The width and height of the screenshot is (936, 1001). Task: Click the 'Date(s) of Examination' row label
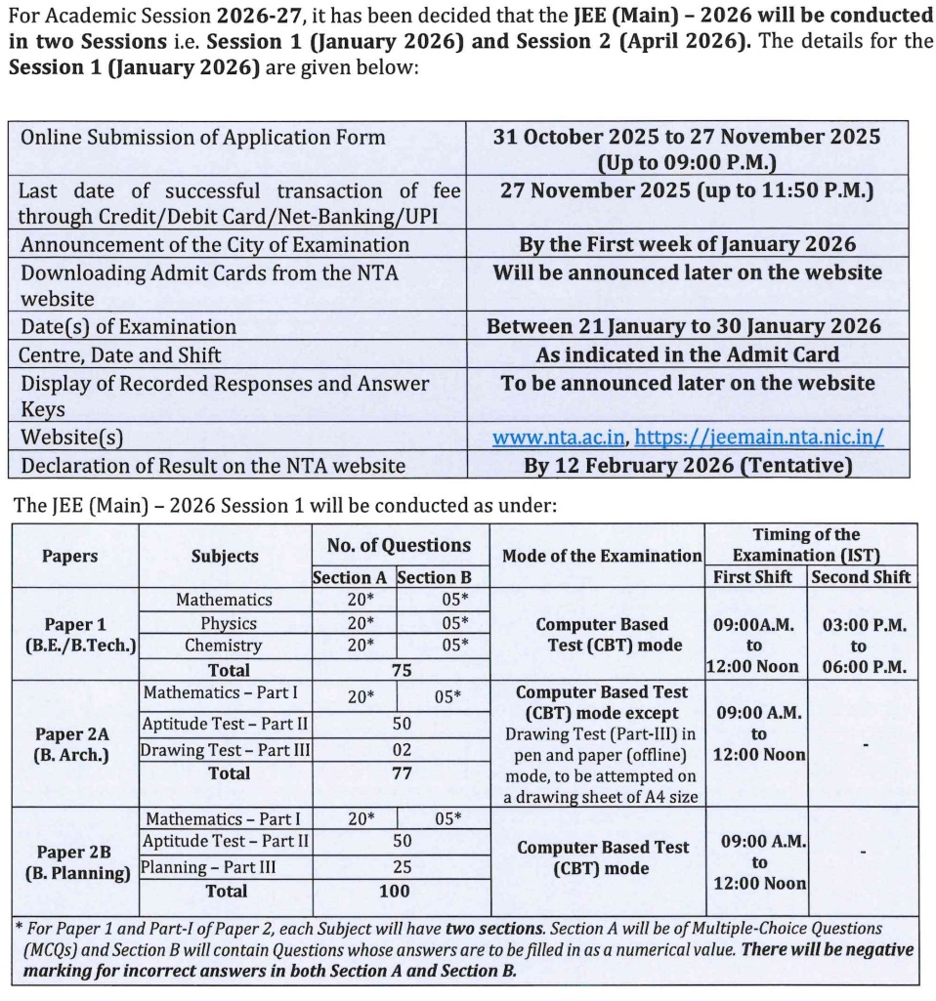tap(129, 326)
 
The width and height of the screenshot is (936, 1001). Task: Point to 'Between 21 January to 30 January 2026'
tap(683, 326)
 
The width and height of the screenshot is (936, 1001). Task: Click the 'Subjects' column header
tap(225, 556)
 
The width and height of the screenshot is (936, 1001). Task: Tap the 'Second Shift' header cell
tap(859, 576)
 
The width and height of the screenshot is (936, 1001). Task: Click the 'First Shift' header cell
tap(753, 576)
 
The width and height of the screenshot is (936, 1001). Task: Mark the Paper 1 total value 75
tap(401, 670)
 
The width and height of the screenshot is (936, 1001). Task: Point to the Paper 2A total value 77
tap(401, 773)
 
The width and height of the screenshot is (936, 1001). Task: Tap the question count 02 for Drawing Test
tap(401, 750)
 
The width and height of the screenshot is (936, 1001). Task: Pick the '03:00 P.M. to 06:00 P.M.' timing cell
tap(859, 646)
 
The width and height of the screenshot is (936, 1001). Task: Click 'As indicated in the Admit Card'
tap(687, 355)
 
